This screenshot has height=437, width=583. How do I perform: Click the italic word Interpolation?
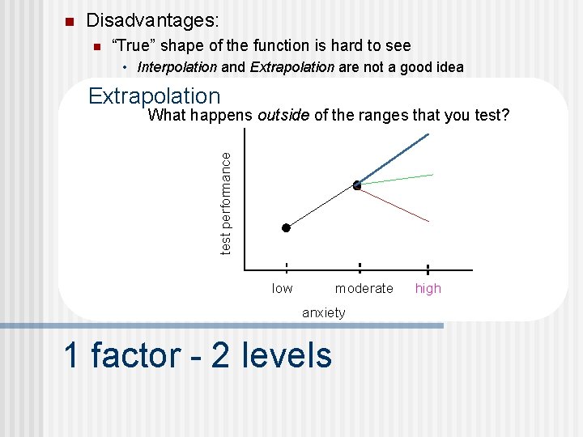coord(177,67)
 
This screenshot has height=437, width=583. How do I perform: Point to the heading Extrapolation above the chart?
coord(154,96)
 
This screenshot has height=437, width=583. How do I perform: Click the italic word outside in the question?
coord(283,115)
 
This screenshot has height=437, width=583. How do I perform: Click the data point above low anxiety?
coord(286,228)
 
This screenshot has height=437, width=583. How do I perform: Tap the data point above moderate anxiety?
coord(357,185)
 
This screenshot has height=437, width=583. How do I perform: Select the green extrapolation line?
coord(397,180)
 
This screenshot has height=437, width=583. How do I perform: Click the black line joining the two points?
coord(321,207)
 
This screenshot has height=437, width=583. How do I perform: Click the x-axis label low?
coord(283,288)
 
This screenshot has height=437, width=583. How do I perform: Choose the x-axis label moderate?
coord(364,288)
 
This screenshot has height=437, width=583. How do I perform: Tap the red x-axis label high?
coord(428,288)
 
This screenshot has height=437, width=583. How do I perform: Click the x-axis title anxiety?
coord(323,312)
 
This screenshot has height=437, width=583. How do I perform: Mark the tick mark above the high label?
coord(428,269)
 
